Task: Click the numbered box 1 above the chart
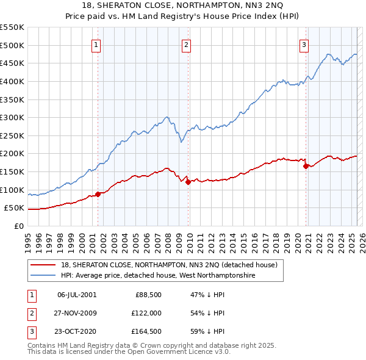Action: (97, 43)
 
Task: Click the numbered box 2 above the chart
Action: (186, 43)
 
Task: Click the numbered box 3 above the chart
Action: (304, 43)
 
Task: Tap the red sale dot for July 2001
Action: (98, 194)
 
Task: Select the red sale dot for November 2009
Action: (188, 182)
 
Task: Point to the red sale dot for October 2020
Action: (306, 166)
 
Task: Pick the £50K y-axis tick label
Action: (15, 208)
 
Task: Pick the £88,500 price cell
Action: (147, 294)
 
